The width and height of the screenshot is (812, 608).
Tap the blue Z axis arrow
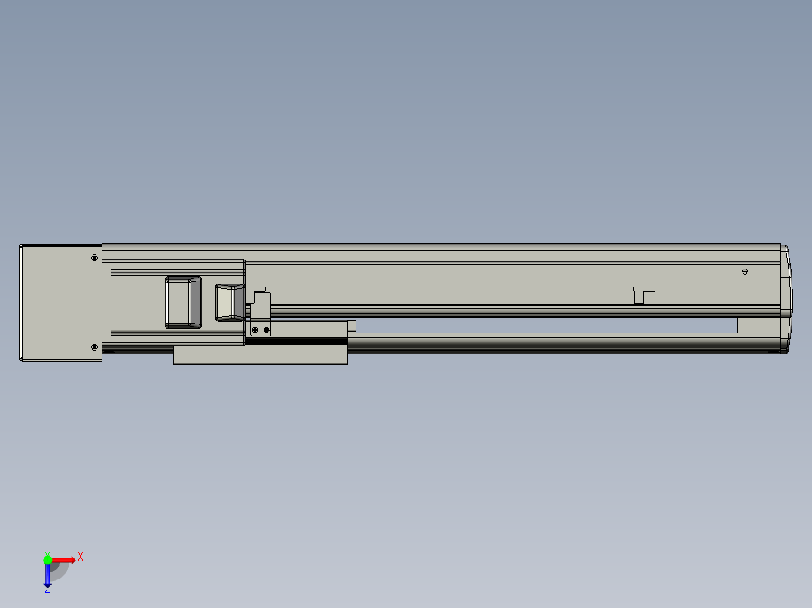47,575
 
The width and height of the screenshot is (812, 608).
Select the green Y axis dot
47,560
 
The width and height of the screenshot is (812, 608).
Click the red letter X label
81,557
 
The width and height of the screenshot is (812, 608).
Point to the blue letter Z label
47,590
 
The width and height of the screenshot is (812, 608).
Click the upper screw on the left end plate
94,257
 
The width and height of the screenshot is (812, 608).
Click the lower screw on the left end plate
94,347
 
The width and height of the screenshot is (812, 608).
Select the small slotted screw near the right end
745,271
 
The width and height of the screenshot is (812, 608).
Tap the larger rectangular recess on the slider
183,302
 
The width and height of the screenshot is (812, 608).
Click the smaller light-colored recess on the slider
230,302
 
